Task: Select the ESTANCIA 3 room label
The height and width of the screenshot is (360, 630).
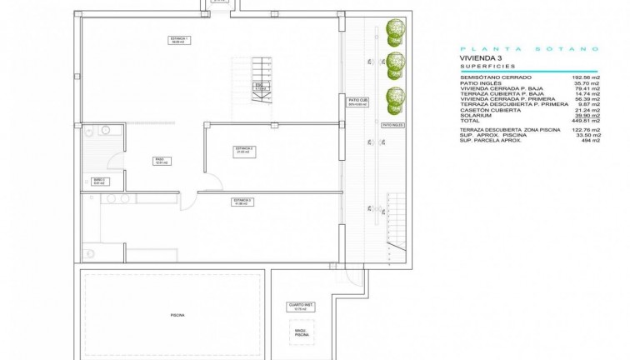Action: [243, 202]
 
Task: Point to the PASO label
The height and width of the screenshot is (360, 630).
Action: [158, 161]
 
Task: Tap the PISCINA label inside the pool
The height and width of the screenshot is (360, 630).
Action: [177, 315]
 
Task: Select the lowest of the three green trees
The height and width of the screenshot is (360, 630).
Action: [394, 100]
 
